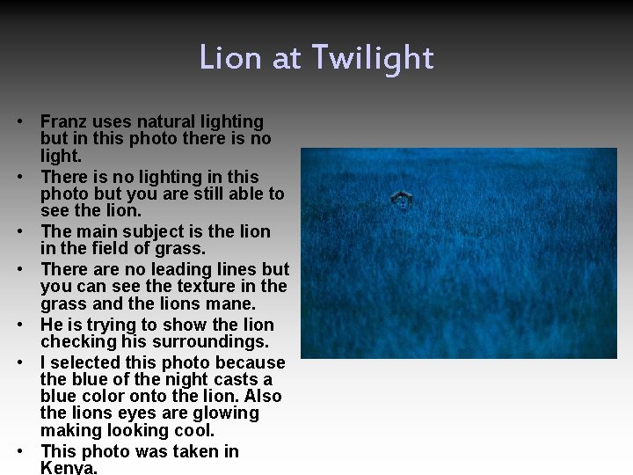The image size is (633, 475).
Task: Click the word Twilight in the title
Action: [x=380, y=58]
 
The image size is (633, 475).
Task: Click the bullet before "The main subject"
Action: [x=30, y=232]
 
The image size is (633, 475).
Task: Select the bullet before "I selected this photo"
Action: [x=30, y=363]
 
